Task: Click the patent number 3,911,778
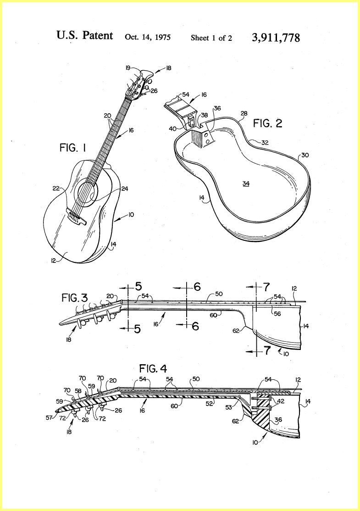276,38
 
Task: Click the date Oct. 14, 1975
148,37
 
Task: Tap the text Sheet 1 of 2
211,38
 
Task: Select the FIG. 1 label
72,148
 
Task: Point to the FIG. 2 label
268,123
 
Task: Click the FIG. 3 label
75,298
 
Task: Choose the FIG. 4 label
153,369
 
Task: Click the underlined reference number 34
246,184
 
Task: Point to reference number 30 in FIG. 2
305,155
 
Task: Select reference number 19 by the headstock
127,68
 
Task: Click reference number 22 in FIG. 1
56,188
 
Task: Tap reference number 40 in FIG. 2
173,129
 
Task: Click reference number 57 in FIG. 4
49,417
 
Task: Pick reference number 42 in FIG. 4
280,401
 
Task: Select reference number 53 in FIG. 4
229,407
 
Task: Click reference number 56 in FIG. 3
277,314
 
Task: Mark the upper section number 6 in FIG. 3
197,287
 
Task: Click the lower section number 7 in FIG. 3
267,350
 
